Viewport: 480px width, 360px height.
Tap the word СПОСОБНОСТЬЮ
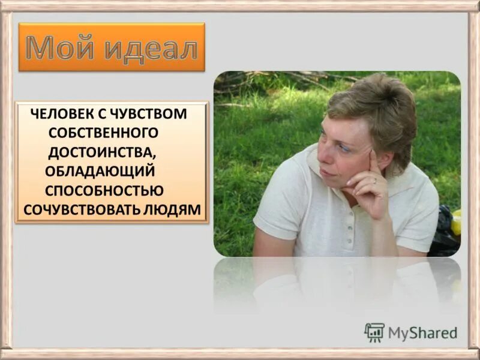104,191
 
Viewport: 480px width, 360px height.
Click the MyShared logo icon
374,332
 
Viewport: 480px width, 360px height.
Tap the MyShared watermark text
423,333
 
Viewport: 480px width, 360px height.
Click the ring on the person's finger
375,180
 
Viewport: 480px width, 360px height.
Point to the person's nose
324,154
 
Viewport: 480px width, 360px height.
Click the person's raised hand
369,186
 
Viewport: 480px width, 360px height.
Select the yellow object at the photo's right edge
457,221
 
